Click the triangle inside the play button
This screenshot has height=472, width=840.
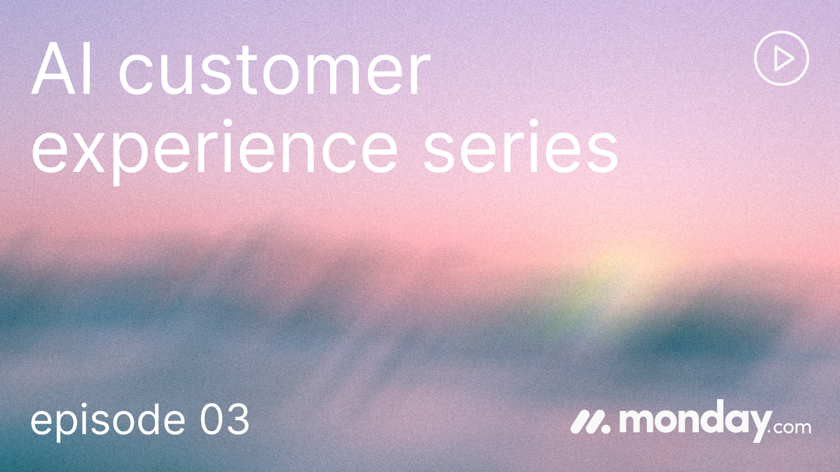(x=783, y=59)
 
